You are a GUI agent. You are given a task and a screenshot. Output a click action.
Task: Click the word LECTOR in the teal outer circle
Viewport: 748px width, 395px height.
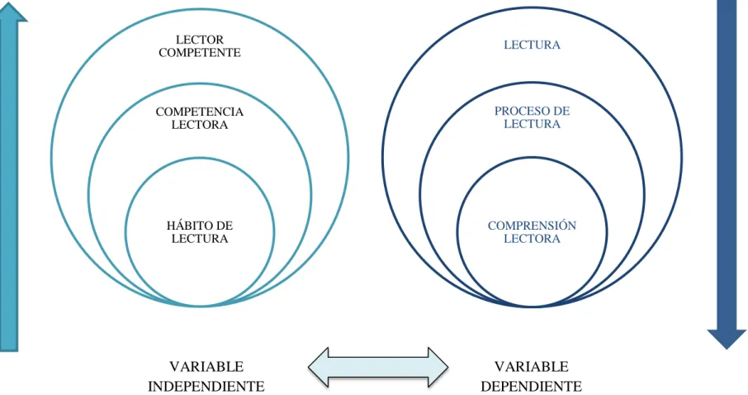point(200,40)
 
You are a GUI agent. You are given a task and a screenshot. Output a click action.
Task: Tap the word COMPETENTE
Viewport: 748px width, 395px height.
point(200,53)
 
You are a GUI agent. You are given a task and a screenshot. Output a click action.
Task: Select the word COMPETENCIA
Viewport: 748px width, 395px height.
point(200,112)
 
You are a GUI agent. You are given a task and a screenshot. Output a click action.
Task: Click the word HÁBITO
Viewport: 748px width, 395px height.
point(187,226)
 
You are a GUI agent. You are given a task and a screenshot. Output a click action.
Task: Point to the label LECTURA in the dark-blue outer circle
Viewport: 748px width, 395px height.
point(532,45)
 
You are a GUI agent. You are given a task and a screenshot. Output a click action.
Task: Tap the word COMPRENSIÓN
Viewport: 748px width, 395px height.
point(532,226)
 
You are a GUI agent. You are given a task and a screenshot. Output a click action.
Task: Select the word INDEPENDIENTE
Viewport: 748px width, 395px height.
point(206,386)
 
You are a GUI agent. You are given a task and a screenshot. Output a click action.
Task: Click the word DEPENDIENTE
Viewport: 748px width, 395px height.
point(531,386)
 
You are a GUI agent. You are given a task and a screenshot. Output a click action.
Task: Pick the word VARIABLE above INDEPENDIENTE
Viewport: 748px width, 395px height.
point(206,367)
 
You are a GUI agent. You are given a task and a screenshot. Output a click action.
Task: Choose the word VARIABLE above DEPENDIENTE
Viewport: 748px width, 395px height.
point(531,367)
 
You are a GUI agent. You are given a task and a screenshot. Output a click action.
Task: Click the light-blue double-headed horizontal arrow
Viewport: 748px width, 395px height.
point(378,367)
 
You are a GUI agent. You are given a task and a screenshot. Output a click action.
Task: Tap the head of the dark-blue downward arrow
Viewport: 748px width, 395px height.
point(727,338)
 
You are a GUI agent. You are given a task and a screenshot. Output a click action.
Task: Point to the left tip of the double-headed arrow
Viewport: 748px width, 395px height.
point(309,367)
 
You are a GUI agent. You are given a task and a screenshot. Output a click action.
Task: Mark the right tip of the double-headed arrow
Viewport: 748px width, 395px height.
point(448,367)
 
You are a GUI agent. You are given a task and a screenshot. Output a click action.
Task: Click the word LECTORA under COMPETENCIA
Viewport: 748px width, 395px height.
point(200,125)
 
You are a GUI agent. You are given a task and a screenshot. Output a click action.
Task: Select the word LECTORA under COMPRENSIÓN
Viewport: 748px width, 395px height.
point(532,238)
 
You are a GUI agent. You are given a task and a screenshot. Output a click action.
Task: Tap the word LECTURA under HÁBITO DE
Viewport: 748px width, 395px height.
point(200,238)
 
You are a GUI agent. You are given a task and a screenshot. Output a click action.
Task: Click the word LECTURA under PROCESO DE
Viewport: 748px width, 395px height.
point(532,124)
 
